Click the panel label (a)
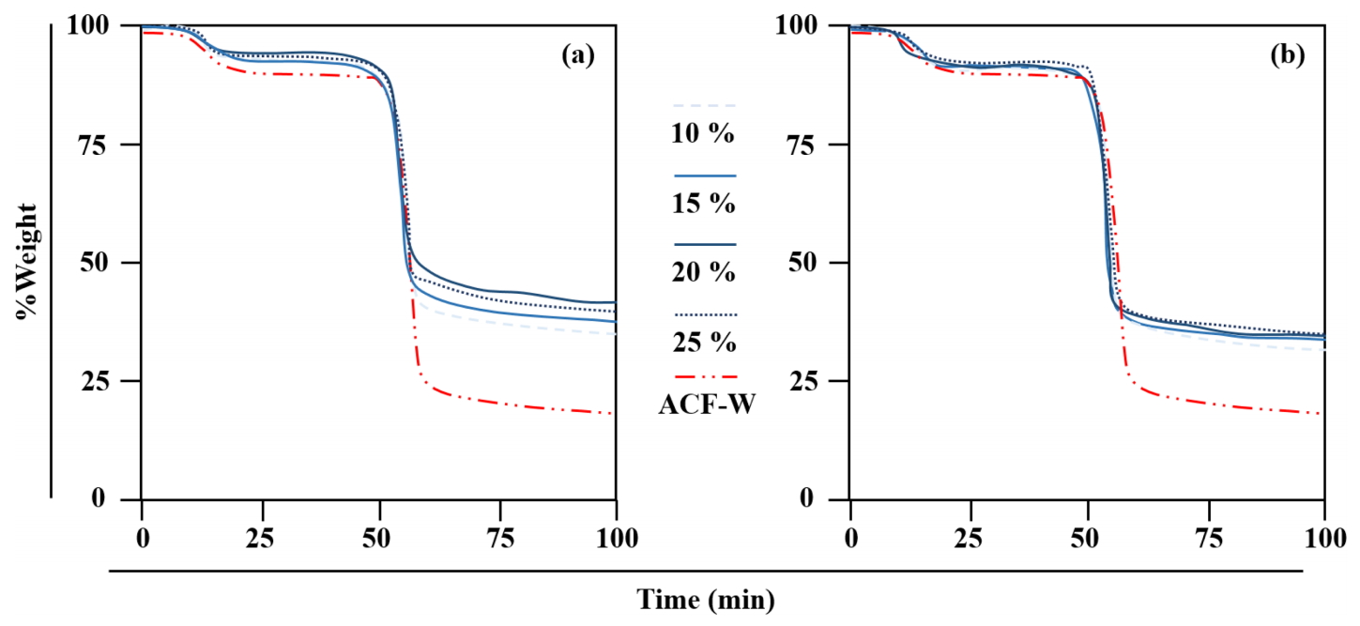click(x=577, y=56)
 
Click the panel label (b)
click(x=1287, y=56)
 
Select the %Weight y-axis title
click(x=26, y=262)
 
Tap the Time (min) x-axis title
click(x=707, y=599)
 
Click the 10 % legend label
click(x=703, y=134)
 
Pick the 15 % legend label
click(x=703, y=204)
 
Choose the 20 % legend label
click(x=703, y=273)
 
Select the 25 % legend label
click(x=703, y=343)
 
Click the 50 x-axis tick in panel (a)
click(x=379, y=539)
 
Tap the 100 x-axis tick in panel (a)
click(x=617, y=539)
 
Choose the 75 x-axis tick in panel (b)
click(x=1206, y=539)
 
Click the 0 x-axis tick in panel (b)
click(x=851, y=539)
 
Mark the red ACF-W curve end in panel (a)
click(x=615, y=414)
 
